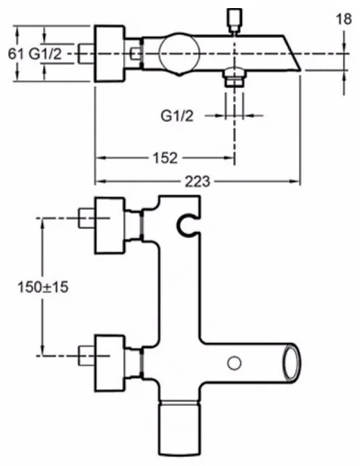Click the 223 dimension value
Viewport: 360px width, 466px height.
click(x=197, y=181)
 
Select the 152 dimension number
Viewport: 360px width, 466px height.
click(x=165, y=158)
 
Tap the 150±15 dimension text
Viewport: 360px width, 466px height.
click(x=43, y=287)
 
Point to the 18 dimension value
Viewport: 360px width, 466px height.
click(x=343, y=19)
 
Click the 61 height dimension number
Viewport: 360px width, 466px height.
click(x=16, y=54)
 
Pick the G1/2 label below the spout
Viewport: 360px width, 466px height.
click(x=177, y=116)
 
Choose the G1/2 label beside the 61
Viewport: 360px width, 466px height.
click(x=45, y=54)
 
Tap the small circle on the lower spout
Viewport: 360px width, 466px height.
click(x=234, y=363)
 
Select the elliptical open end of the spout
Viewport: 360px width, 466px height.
click(x=292, y=363)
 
